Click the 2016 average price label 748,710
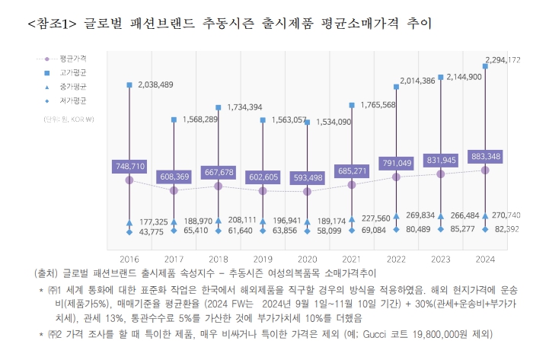129,165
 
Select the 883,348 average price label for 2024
484,156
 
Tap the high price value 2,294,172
503,59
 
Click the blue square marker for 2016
129,84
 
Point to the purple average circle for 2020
307,191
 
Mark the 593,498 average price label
306,178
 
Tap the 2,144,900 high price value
464,77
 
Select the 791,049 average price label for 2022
396,163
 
